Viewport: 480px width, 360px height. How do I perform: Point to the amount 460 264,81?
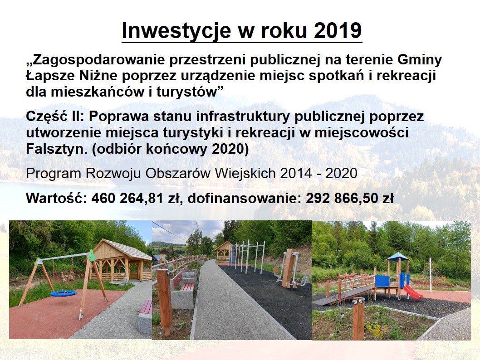(x=127, y=198)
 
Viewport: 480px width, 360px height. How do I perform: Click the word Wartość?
(x=57, y=198)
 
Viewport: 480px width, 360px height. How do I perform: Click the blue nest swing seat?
(x=64, y=293)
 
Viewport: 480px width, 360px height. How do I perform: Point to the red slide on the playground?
(x=413, y=292)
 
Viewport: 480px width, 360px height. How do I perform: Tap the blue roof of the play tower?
(x=397, y=256)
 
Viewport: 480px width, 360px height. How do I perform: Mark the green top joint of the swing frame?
(x=91, y=256)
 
